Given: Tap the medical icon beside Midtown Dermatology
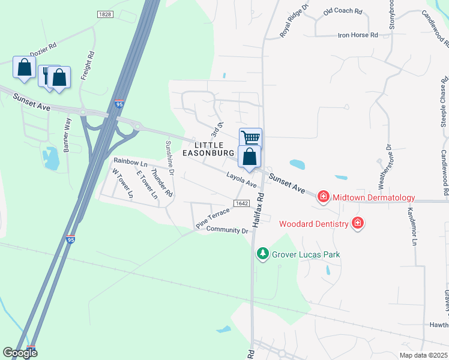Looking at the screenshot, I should [x=324, y=197].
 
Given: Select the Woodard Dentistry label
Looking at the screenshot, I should [x=314, y=224].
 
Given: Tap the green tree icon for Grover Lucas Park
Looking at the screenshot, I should [x=262, y=254].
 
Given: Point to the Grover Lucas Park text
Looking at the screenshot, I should [x=306, y=254].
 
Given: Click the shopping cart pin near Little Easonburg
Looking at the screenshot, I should [x=250, y=139].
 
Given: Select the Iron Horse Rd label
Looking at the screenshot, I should [x=357, y=35].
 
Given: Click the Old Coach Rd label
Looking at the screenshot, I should [x=343, y=11].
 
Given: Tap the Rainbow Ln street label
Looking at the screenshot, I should [x=130, y=162].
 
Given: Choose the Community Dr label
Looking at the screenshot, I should [x=227, y=230].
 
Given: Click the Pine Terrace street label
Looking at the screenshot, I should [x=212, y=218].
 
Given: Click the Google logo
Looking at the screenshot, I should [x=20, y=353].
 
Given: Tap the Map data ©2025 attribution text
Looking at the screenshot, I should [x=423, y=355].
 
